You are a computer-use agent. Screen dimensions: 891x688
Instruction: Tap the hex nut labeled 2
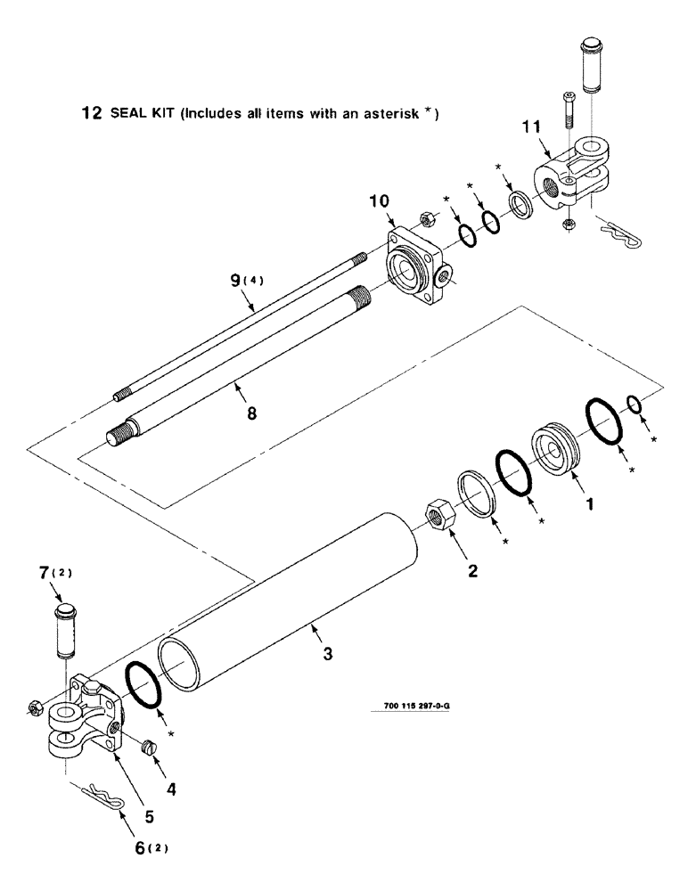coord(438,514)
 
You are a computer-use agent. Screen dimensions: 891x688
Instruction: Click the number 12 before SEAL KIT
coord(91,114)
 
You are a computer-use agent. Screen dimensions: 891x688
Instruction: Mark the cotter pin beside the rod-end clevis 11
coord(618,234)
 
